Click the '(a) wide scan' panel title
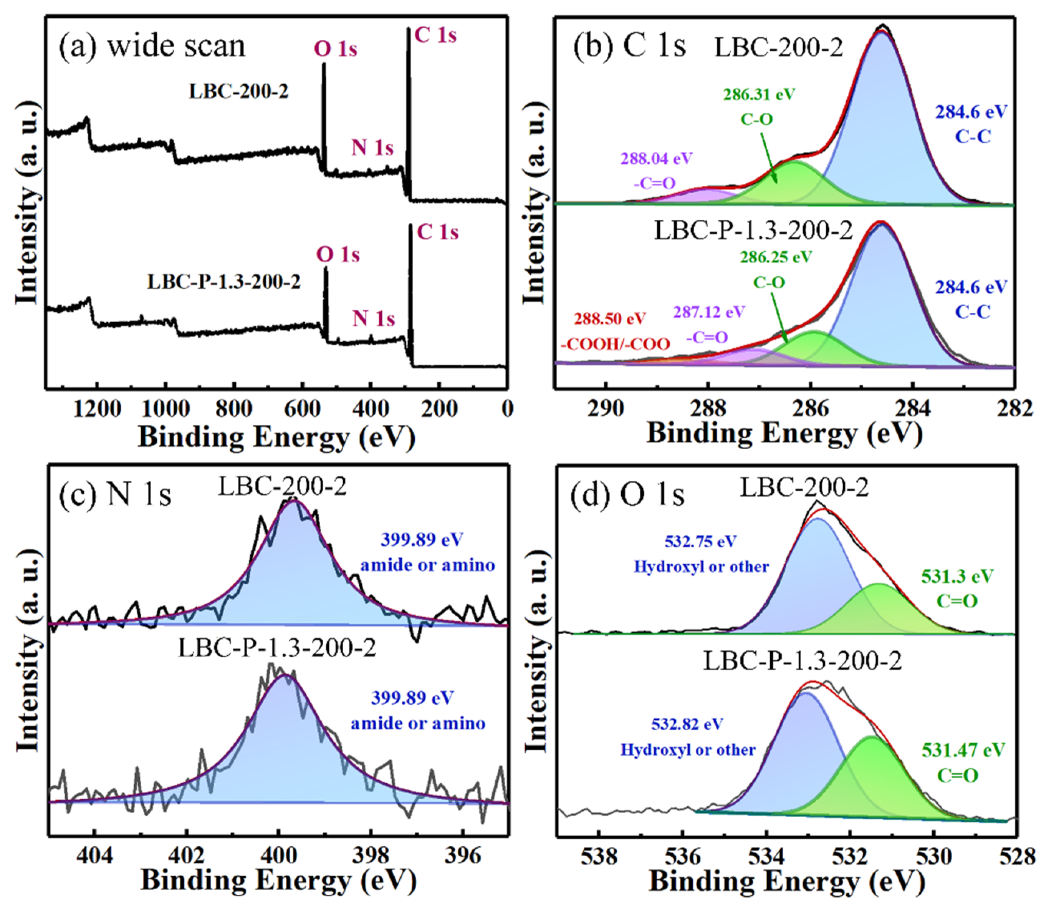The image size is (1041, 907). [152, 46]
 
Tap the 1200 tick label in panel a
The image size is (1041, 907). [97, 408]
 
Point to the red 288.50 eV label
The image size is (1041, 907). [609, 319]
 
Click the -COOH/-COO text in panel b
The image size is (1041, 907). [615, 344]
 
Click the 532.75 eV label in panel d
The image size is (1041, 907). [700, 542]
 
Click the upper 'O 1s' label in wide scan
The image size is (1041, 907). [335, 50]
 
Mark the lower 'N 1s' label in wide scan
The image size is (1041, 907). [373, 319]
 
